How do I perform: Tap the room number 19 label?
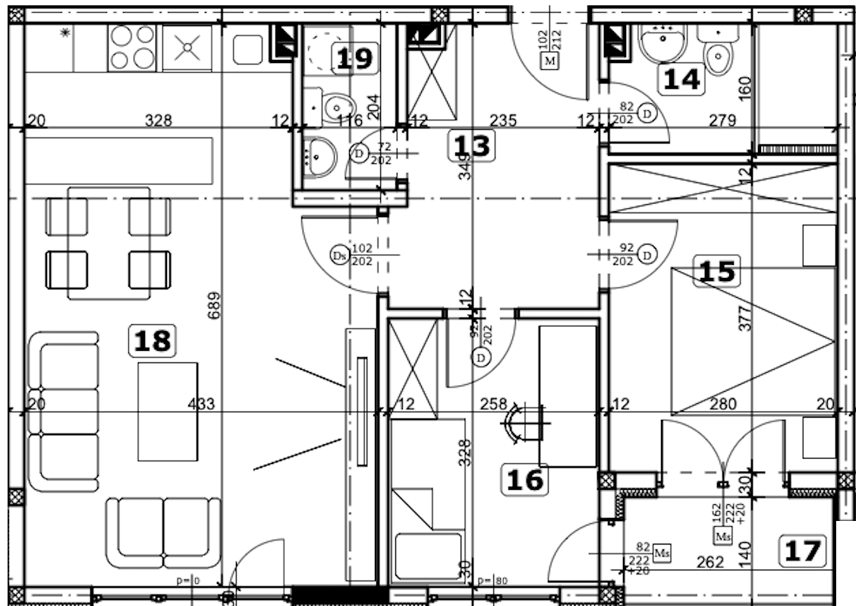click(354, 58)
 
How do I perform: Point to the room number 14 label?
click(681, 79)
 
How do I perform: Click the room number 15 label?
click(717, 271)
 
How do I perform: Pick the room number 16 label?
click(525, 480)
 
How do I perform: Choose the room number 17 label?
click(803, 551)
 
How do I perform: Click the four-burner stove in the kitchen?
click(132, 47)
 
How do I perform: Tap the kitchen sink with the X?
click(187, 47)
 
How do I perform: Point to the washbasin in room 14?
click(662, 43)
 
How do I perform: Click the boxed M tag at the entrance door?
click(549, 61)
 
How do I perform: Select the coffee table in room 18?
click(168, 411)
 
